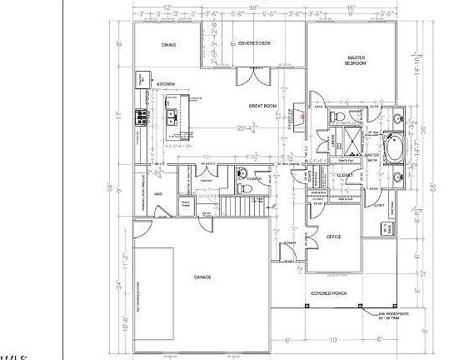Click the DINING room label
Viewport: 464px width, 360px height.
pyautogui.click(x=168, y=47)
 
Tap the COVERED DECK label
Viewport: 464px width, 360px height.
pyautogui.click(x=254, y=42)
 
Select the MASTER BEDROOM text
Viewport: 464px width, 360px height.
pyautogui.click(x=357, y=61)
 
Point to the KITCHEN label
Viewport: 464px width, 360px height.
pyautogui.click(x=167, y=84)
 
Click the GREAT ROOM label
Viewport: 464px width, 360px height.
pyautogui.click(x=263, y=106)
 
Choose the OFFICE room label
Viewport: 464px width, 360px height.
pyautogui.click(x=335, y=236)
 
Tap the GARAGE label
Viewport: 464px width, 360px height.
pyautogui.click(x=202, y=277)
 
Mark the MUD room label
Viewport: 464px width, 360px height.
pyautogui.click(x=157, y=194)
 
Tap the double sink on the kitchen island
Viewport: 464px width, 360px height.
pyautogui.click(x=172, y=117)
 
